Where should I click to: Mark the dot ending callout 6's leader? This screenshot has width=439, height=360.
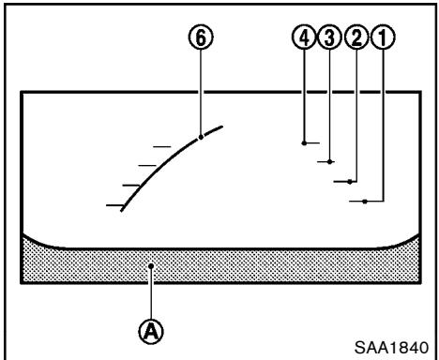[x=202, y=137]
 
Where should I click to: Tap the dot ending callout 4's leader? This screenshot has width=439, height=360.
[x=304, y=142]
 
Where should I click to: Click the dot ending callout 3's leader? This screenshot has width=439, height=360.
[x=330, y=162]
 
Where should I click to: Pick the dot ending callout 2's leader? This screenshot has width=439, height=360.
[x=350, y=181]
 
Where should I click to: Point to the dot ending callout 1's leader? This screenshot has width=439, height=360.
[x=364, y=201]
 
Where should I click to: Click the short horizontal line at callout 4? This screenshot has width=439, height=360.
[x=312, y=142]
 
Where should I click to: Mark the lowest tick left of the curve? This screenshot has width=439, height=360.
[x=114, y=202]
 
